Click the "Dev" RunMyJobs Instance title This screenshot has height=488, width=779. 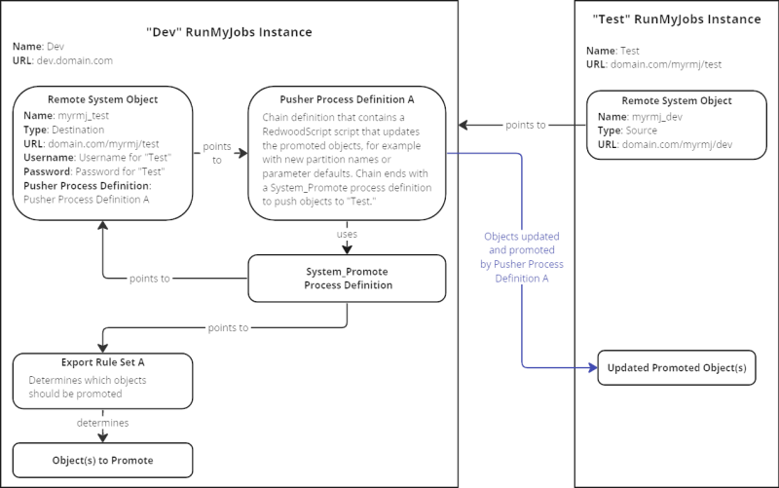click(229, 32)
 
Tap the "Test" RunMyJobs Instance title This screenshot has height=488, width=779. click(677, 19)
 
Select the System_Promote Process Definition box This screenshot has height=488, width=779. click(347, 279)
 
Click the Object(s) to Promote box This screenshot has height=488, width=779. click(103, 460)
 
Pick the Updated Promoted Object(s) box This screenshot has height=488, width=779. click(677, 368)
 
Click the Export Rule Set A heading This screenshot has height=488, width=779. click(103, 362)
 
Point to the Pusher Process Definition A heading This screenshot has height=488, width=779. click(347, 99)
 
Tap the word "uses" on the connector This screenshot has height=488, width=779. click(347, 234)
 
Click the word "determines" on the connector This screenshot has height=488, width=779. click(103, 423)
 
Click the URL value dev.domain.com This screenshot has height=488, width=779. click(75, 60)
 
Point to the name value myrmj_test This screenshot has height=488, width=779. click(83, 116)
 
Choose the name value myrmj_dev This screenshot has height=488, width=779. click(656, 117)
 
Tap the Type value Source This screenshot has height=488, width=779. click(642, 131)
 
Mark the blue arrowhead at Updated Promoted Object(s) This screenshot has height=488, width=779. click(593, 368)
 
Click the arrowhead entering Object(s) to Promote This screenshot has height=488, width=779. click(103, 437)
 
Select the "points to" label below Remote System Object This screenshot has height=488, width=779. click(150, 279)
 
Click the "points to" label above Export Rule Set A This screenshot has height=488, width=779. click(228, 328)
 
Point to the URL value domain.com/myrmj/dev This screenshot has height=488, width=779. click(677, 144)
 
